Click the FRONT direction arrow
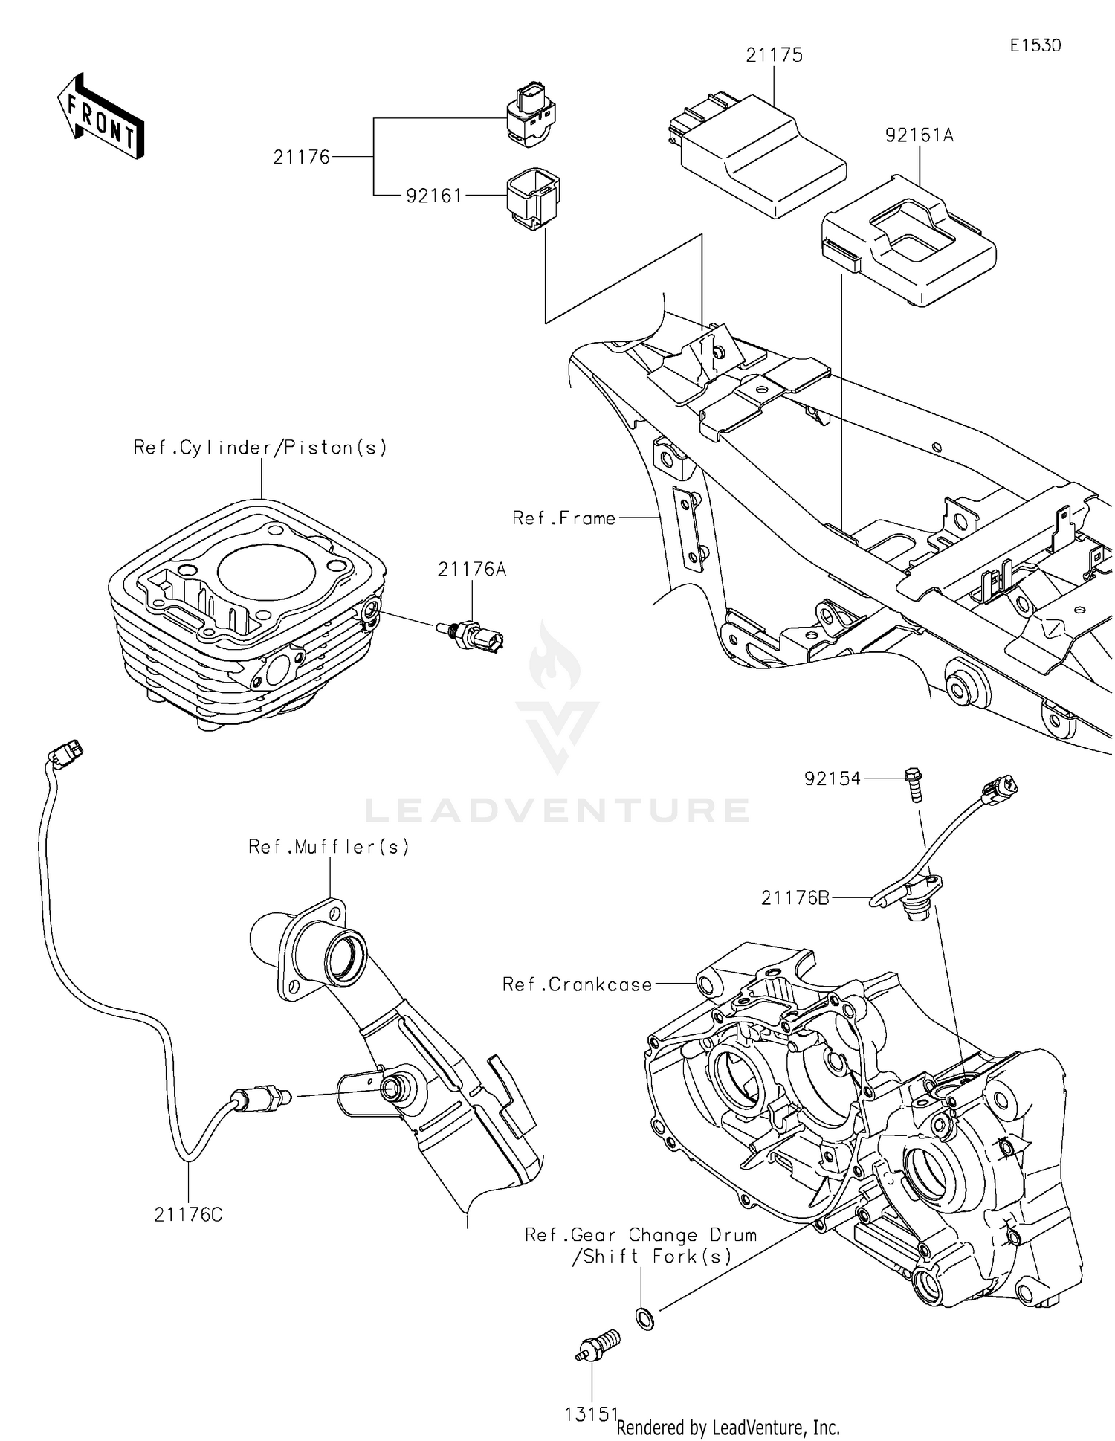(x=100, y=117)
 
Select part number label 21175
(x=775, y=55)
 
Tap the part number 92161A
(x=919, y=135)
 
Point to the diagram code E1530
(x=1035, y=45)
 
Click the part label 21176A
(x=472, y=570)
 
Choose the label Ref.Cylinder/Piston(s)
(x=260, y=448)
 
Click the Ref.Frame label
(x=563, y=518)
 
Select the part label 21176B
(x=795, y=898)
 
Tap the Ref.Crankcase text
(x=577, y=984)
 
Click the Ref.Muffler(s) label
(x=329, y=847)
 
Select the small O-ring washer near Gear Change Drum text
(x=645, y=1319)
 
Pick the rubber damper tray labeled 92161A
(x=908, y=239)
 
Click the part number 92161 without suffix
(x=433, y=196)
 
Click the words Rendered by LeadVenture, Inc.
(x=728, y=1427)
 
